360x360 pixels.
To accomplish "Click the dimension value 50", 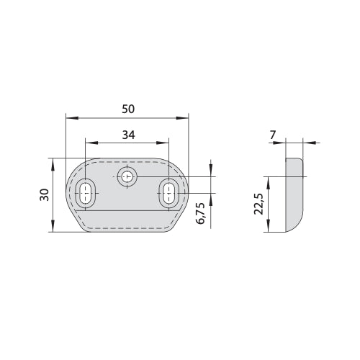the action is click(128, 109).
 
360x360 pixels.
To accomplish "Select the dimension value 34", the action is click(129, 135).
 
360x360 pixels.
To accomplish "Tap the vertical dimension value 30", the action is click(45, 195).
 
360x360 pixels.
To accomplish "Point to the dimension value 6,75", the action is click(200, 213).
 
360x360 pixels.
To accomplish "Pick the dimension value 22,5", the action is click(259, 204).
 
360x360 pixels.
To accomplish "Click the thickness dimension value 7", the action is click(273, 135).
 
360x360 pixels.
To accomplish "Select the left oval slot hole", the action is click(86, 193).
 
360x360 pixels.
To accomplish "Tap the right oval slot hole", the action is click(169, 193).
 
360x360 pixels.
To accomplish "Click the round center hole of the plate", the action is click(127, 177).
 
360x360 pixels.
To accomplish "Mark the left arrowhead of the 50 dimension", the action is click(72, 118).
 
